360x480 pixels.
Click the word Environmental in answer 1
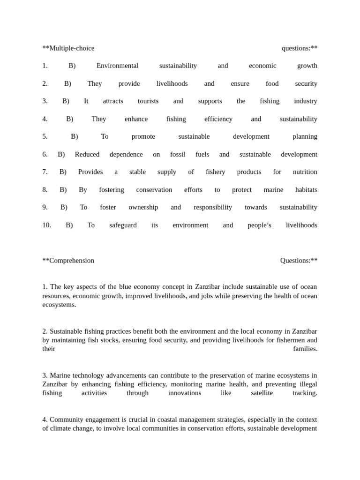117,66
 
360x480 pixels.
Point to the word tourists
148,101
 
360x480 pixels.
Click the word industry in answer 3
305,101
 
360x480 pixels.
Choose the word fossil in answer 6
178,154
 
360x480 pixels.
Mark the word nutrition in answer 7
305,172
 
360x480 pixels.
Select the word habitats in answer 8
306,190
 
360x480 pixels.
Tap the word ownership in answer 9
143,207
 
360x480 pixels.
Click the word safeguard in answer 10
123,225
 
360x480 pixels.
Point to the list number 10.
46,225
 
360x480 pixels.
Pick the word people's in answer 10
259,225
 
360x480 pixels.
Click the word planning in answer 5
305,136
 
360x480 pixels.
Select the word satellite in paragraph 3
262,393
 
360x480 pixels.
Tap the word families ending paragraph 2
305,349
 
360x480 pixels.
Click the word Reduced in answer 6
87,154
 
